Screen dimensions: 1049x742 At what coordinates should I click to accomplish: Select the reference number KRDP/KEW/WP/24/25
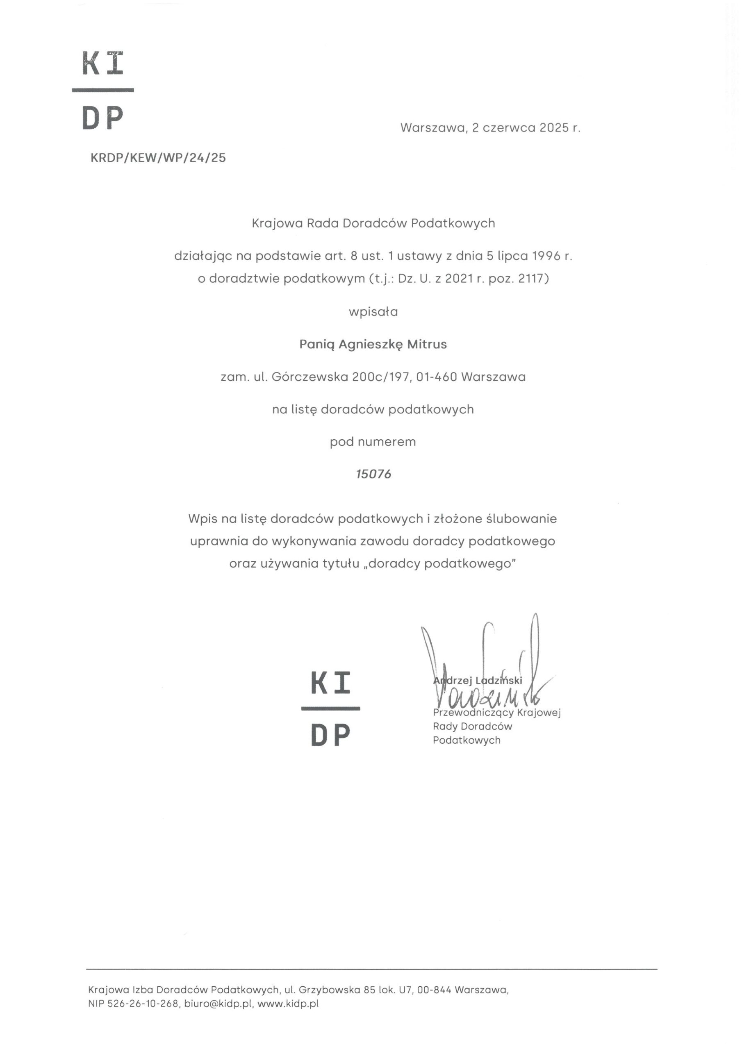pos(158,158)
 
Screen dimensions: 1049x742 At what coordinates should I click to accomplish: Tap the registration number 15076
pos(373,474)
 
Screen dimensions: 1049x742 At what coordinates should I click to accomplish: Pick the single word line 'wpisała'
pos(373,312)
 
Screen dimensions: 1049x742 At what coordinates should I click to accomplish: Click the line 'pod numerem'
pos(373,442)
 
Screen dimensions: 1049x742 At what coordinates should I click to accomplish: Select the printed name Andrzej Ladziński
pos(477,680)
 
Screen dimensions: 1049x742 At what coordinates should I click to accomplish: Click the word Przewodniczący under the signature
pos(473,712)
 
